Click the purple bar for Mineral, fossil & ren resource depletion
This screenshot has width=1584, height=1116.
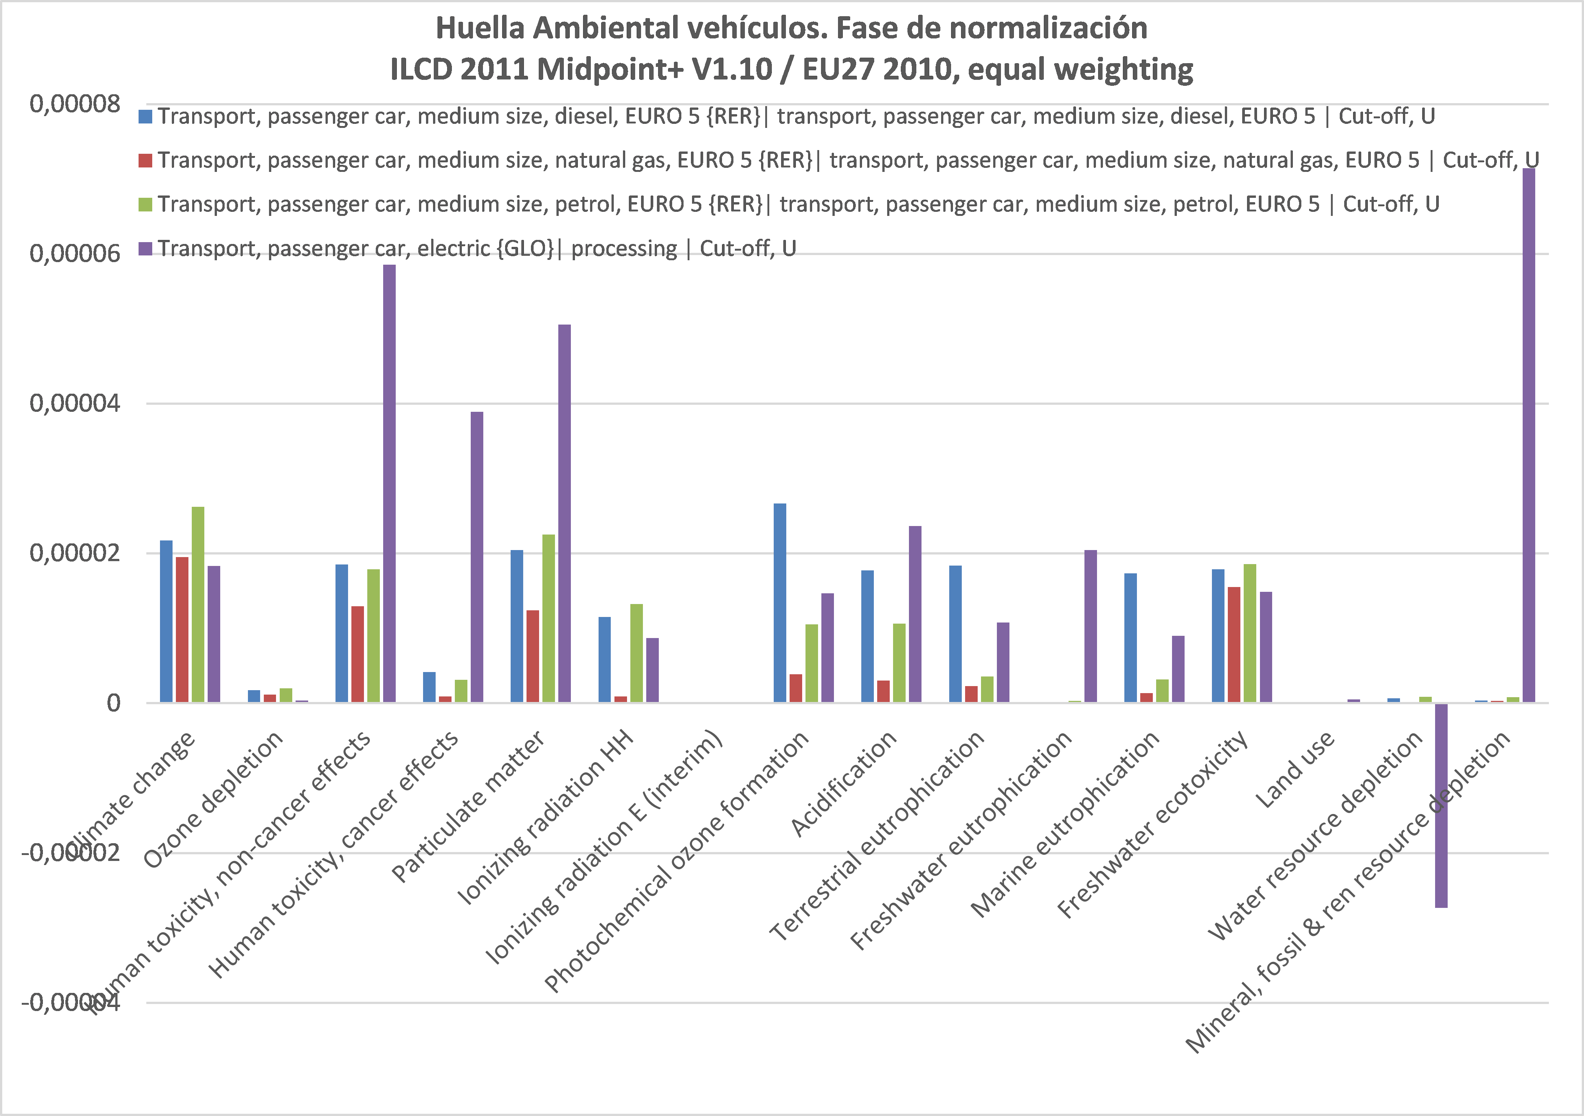click(x=1529, y=435)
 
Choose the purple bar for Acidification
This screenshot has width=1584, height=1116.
click(x=915, y=614)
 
